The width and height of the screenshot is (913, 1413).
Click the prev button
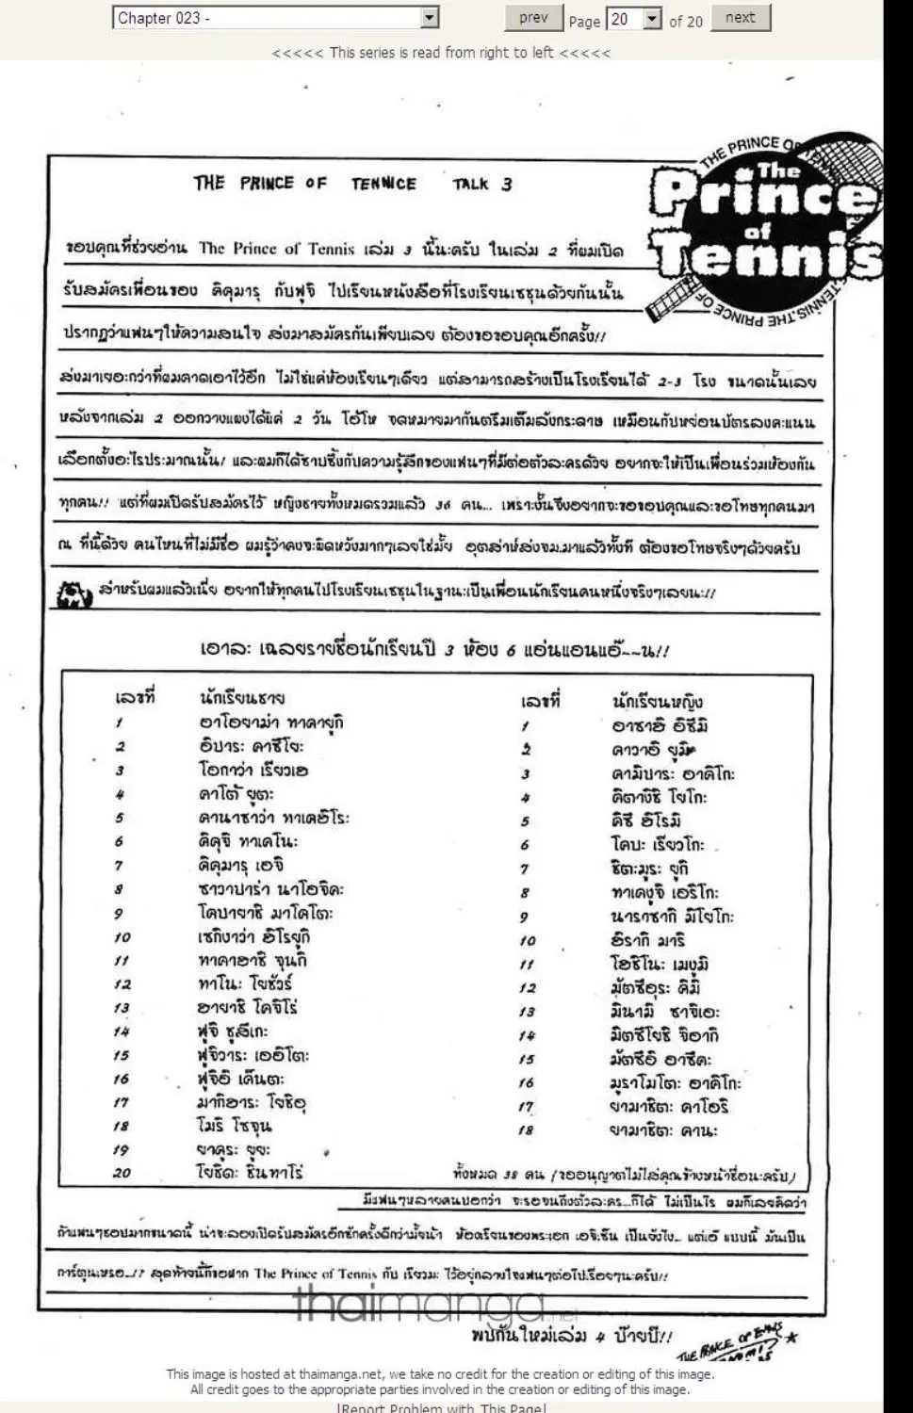click(x=533, y=18)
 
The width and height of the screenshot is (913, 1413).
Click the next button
click(x=740, y=18)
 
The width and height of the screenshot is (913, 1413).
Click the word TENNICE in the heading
click(x=383, y=184)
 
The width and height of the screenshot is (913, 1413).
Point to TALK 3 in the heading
click(x=481, y=184)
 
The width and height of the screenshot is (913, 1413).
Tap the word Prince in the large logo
click(x=763, y=197)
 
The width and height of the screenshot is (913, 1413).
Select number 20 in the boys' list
click(x=122, y=1173)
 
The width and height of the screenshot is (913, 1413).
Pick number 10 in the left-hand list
click(x=122, y=937)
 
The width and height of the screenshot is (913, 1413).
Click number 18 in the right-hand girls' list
click(x=526, y=1130)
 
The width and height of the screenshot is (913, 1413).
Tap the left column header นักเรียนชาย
click(x=242, y=698)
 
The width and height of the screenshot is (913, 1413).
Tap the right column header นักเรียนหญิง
click(x=657, y=701)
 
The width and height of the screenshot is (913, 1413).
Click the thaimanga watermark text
click(x=419, y=1305)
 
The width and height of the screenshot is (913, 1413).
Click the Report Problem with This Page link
click(x=440, y=1407)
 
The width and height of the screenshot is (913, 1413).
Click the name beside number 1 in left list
click(x=271, y=723)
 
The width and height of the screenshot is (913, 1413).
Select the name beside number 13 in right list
click(x=663, y=1012)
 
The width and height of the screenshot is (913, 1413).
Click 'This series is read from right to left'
click(x=441, y=53)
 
